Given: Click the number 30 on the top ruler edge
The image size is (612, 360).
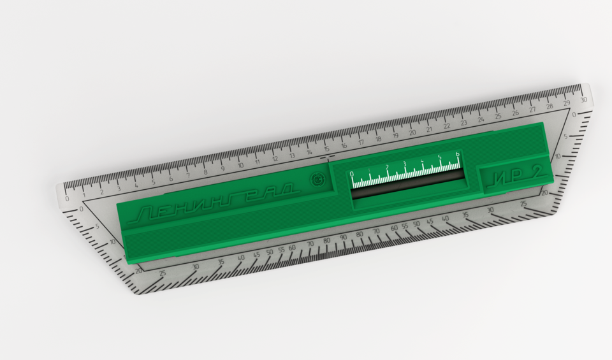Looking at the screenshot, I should (x=583, y=100).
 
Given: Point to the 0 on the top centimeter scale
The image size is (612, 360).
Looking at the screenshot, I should (x=68, y=198).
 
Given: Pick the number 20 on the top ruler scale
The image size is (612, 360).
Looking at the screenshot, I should (x=412, y=133).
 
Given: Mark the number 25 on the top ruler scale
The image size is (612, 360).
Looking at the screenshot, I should (x=498, y=117).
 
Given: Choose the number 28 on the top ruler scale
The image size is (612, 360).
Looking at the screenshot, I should (x=550, y=106).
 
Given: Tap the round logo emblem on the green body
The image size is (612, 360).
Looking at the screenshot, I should (x=316, y=180).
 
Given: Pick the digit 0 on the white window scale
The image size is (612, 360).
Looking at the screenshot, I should (x=352, y=174).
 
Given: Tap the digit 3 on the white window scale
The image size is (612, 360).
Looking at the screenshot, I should (x=404, y=164).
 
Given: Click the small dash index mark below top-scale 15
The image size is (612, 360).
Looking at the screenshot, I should (x=328, y=156).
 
